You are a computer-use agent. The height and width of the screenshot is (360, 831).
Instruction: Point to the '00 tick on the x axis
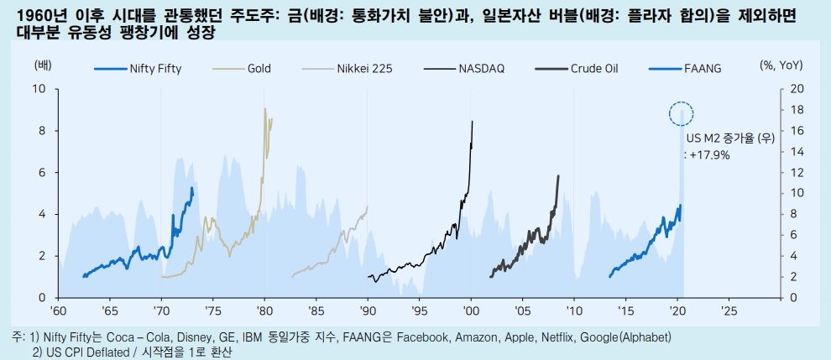coord(471,310)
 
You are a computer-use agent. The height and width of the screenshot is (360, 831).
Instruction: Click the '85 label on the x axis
coord(316,310)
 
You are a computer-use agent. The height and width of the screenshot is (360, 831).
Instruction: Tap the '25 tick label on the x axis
coord(728,310)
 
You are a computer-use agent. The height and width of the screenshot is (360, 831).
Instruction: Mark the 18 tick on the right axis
coord(797,110)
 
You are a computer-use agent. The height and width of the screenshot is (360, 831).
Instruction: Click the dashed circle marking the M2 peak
coord(681,112)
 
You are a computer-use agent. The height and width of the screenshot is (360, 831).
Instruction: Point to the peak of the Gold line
coord(265,108)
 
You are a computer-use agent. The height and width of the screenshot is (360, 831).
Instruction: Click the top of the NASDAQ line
coord(473,121)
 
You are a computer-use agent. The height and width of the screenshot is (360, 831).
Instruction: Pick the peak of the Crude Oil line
coord(558,176)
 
